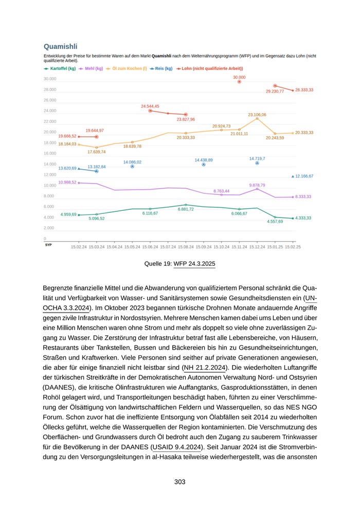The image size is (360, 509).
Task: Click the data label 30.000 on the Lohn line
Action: (x=239, y=77)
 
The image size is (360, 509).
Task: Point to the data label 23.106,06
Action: (x=257, y=115)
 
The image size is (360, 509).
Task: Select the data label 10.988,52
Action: (x=67, y=182)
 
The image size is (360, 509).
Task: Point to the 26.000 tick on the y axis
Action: (x=50, y=100)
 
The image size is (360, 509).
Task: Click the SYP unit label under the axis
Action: (x=48, y=245)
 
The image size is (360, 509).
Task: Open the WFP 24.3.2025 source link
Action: (x=194, y=264)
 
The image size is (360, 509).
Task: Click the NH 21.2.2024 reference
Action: (x=204, y=368)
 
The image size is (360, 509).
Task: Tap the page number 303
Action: (x=179, y=482)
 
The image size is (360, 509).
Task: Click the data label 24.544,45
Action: (x=150, y=106)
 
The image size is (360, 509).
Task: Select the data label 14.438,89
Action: (x=204, y=160)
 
